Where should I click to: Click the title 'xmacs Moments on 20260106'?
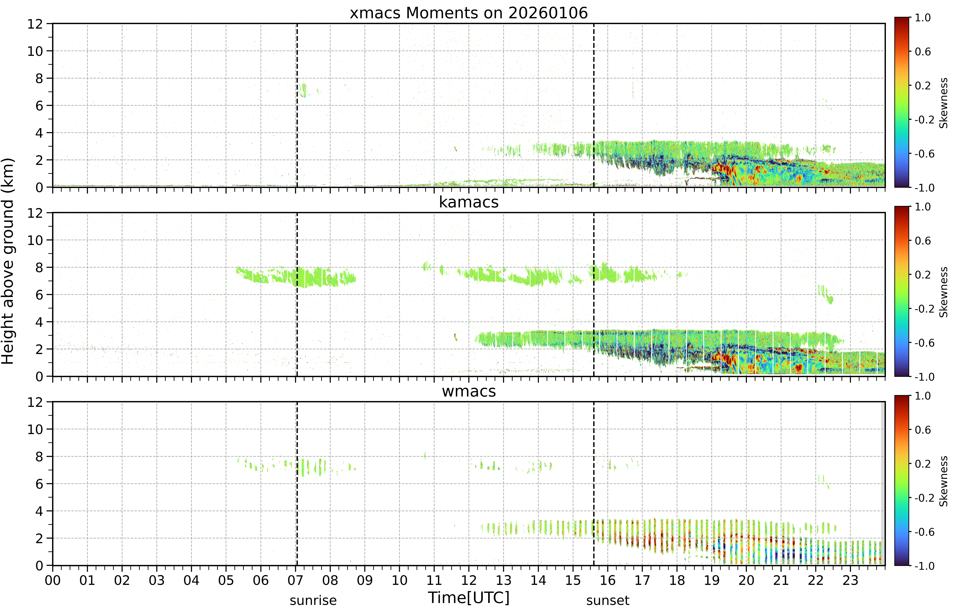pos(469,13)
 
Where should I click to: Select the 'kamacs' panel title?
pos(469,202)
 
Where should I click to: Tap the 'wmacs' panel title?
pos(469,391)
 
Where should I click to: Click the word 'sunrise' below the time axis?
pos(313,600)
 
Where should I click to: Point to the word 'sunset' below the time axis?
pos(607,600)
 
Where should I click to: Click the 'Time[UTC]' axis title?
pos(469,598)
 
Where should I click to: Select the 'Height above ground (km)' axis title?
pos(8,261)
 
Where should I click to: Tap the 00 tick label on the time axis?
pos(53,580)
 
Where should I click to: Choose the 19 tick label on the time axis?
pos(712,580)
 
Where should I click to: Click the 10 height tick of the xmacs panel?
pos(35,51)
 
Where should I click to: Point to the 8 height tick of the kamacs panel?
pos(39,268)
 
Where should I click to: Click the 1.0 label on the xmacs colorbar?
pos(923,18)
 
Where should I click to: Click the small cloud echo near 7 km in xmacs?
pos(303,90)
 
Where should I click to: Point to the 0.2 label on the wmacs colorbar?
pos(923,464)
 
